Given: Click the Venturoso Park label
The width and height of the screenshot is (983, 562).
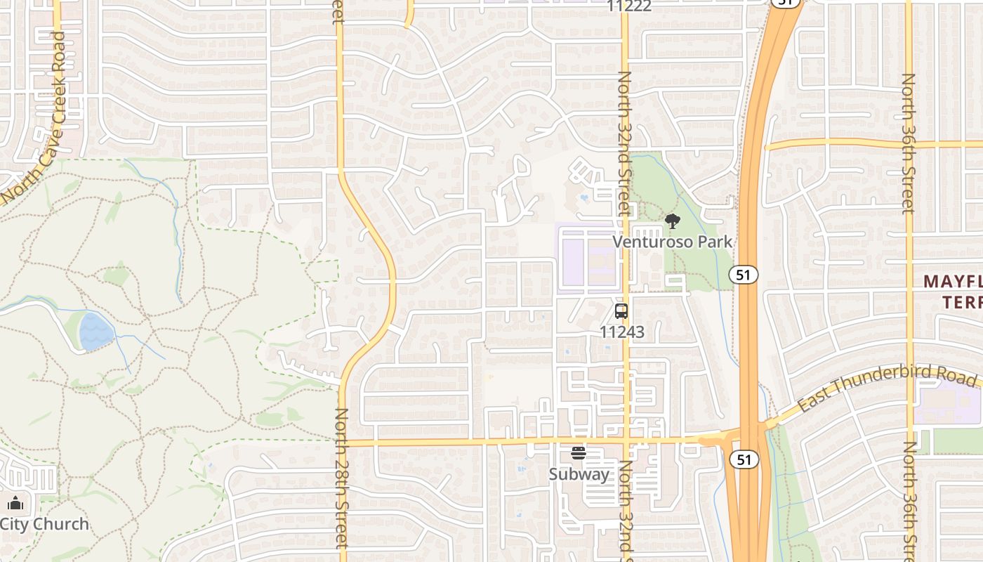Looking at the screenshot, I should tap(672, 242).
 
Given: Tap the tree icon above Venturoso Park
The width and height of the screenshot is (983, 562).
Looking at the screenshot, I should tap(673, 222).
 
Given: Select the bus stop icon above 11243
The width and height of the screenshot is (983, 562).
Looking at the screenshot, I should tap(621, 311).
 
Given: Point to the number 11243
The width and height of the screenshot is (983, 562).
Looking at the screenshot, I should tap(622, 332).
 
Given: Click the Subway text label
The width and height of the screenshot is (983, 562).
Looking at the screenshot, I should tap(579, 474).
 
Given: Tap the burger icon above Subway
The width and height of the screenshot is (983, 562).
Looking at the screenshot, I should tap(579, 453).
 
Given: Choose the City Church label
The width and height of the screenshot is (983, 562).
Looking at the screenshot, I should tap(44, 524).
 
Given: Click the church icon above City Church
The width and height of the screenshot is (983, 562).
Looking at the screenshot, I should tap(15, 503).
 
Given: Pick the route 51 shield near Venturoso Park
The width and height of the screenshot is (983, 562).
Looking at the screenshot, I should tap(743, 275).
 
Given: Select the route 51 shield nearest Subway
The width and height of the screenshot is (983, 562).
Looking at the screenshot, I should tap(744, 460).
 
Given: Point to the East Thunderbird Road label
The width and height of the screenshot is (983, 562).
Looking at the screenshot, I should tap(887, 388).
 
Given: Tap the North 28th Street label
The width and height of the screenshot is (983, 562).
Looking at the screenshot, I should tap(342, 478).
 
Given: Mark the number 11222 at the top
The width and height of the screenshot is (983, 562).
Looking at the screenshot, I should tap(630, 6).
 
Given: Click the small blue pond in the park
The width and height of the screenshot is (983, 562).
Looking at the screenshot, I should tap(96, 332).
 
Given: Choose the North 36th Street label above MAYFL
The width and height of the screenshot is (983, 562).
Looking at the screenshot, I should tap(909, 144).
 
